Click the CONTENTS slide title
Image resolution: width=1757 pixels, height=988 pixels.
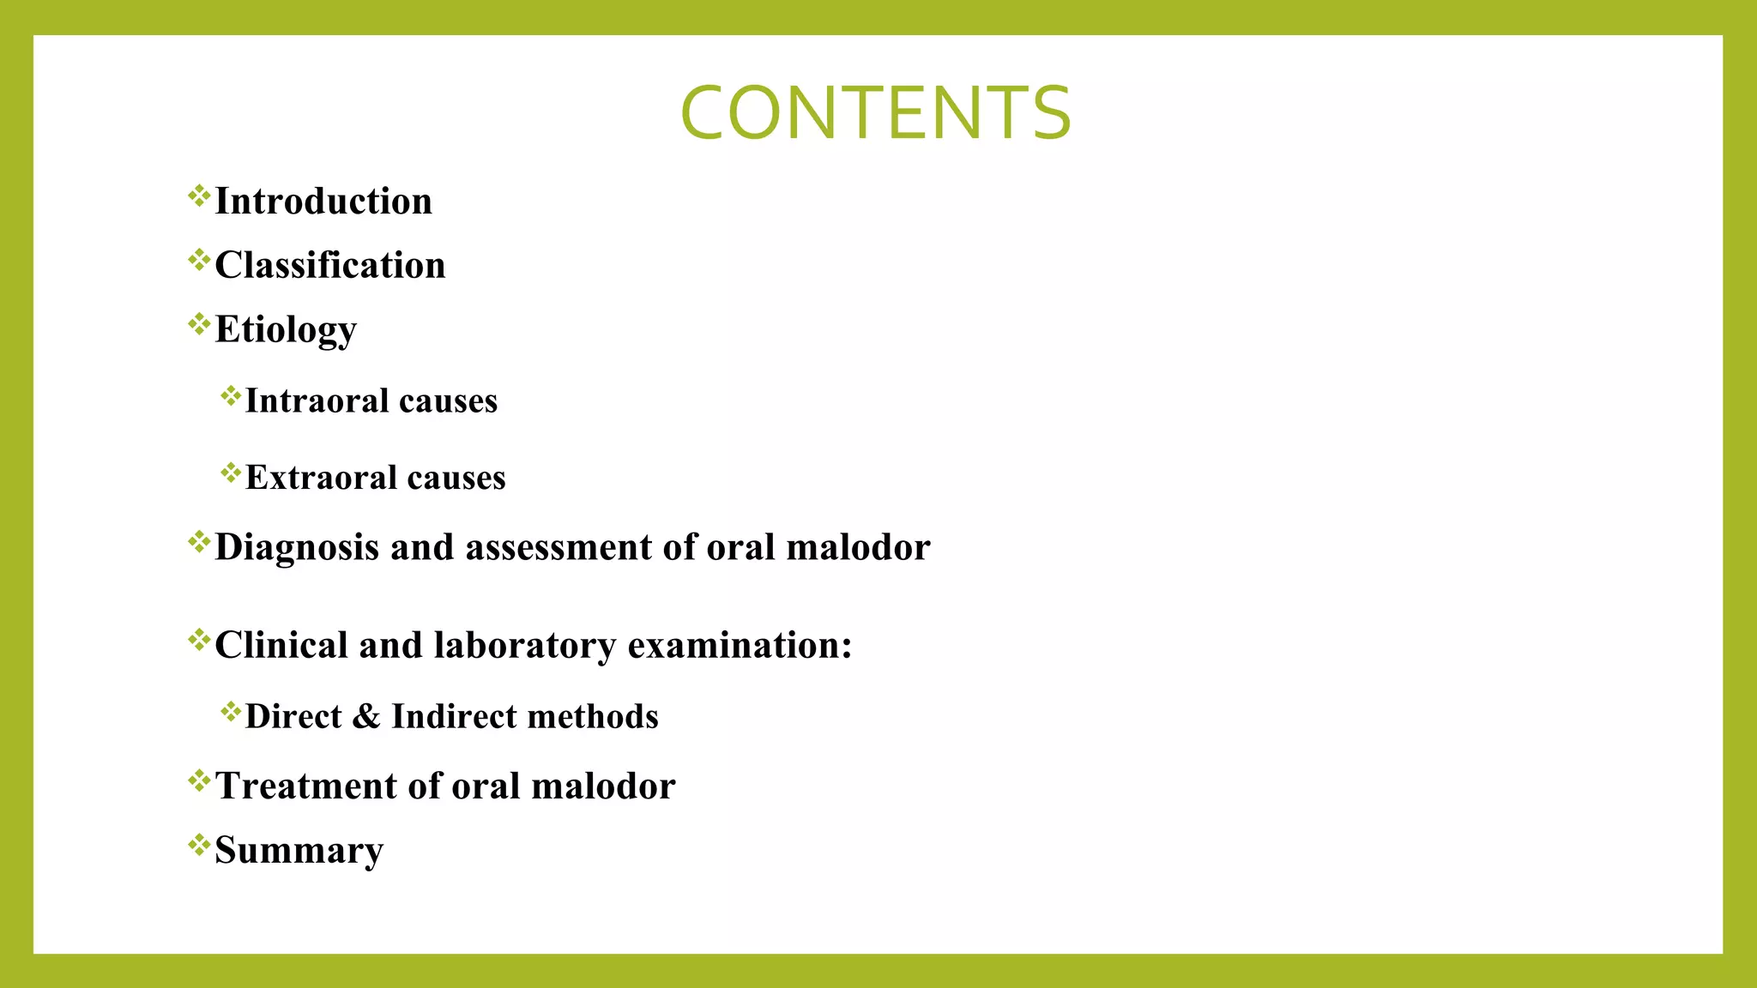click(x=875, y=113)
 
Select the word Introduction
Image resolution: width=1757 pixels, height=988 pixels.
click(x=323, y=202)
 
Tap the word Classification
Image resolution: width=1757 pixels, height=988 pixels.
click(x=330, y=265)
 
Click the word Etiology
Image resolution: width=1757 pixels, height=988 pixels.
click(x=286, y=330)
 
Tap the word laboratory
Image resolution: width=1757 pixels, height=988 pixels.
click(x=525, y=645)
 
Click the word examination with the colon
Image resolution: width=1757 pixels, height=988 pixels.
click(x=740, y=645)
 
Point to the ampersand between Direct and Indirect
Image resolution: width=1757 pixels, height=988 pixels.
click(x=366, y=716)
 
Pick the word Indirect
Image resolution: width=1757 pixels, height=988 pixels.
click(x=453, y=716)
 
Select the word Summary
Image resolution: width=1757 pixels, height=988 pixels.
click(x=299, y=850)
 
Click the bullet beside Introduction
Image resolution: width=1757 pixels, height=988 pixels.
click(x=199, y=196)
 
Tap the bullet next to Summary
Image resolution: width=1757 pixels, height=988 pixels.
click(x=199, y=845)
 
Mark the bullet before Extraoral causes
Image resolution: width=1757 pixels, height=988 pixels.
click(x=231, y=473)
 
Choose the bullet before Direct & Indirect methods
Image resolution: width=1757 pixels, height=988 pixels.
click(x=231, y=711)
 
